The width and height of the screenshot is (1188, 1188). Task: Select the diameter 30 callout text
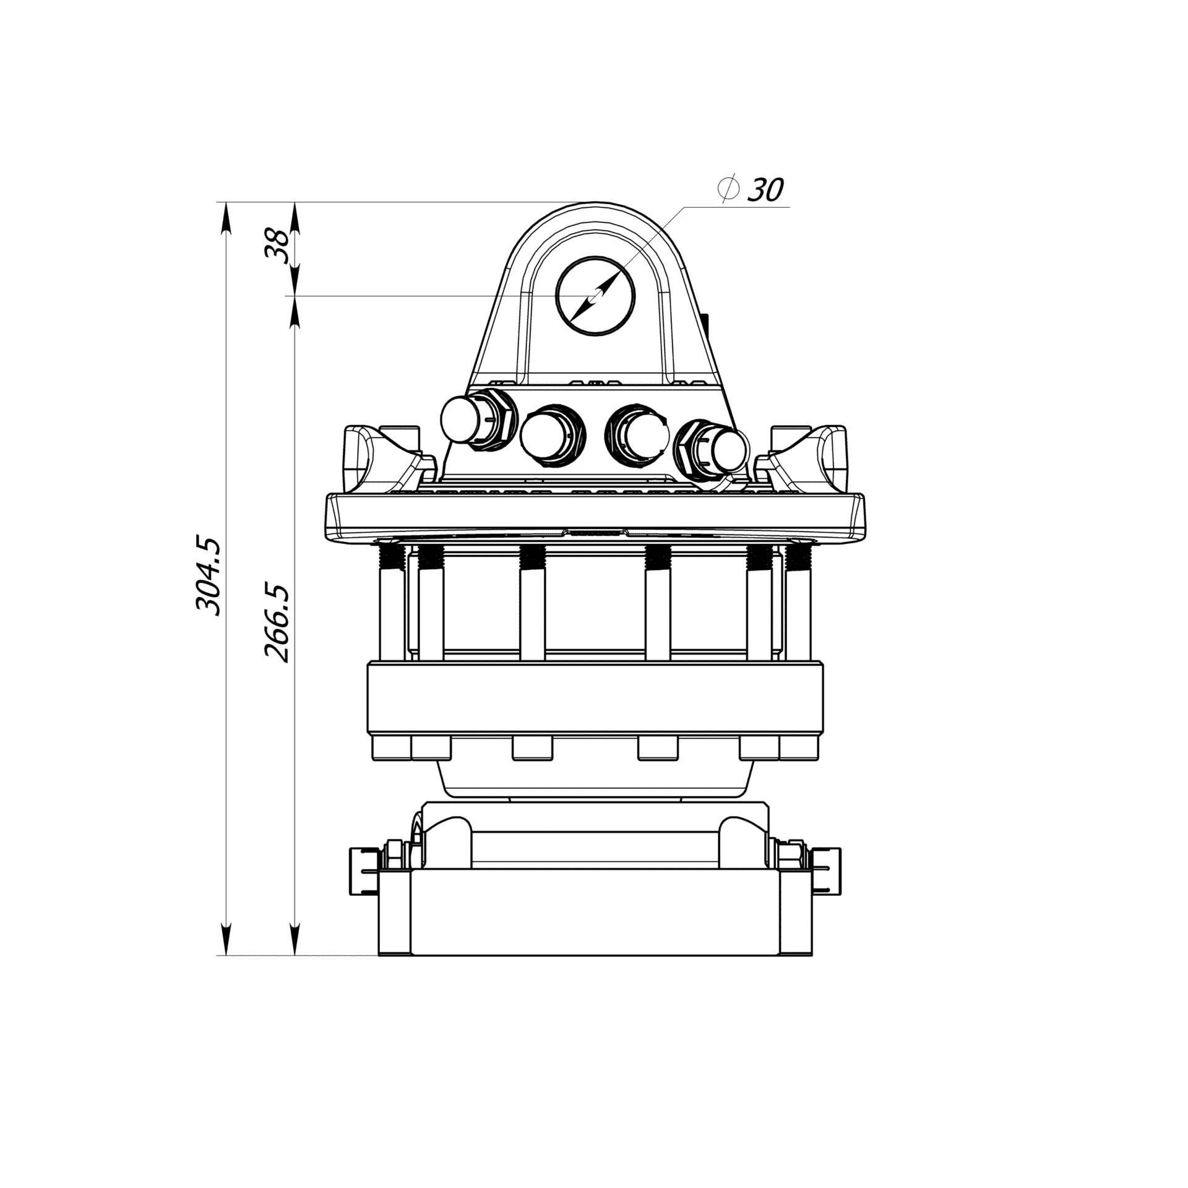(x=751, y=189)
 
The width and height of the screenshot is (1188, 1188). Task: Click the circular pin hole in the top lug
(x=595, y=296)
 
